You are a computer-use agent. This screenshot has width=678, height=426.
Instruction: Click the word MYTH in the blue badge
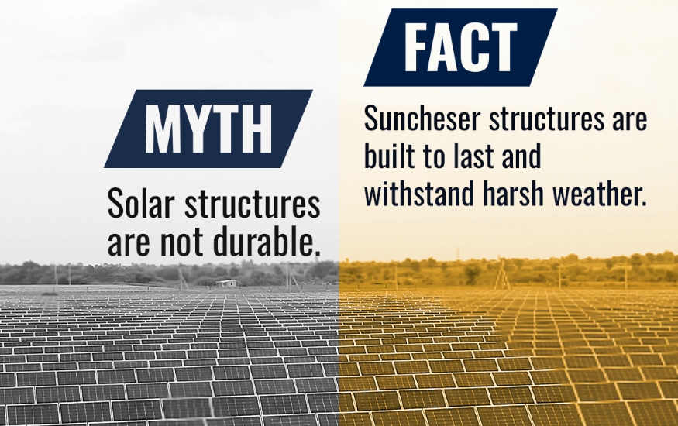tap(208, 129)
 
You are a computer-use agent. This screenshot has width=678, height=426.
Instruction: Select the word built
tap(393, 157)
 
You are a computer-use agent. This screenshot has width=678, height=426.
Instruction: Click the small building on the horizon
tap(226, 283)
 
